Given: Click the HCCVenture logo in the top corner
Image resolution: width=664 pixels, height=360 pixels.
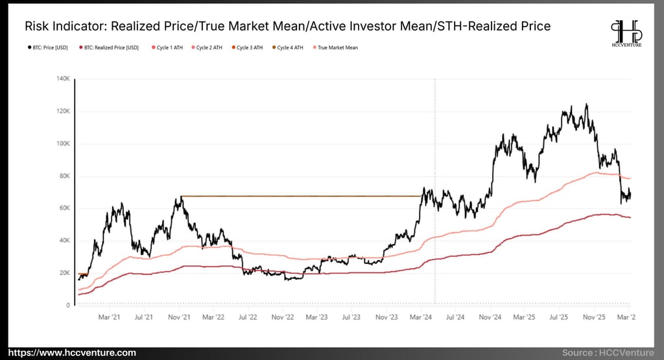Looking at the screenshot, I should coord(626,35).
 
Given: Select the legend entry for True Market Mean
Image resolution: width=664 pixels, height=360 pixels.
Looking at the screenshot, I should coord(337,47).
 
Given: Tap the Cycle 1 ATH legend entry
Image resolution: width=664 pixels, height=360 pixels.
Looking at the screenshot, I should coord(169,47).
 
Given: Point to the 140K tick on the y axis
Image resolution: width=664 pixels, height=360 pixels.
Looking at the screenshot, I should coord(64,79).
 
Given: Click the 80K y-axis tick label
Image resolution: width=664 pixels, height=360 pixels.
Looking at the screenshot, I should coord(64,176).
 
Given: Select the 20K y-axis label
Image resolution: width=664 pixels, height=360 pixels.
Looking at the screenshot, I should coord(64,273).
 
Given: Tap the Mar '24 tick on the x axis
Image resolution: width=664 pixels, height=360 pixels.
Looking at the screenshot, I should coord(421,317).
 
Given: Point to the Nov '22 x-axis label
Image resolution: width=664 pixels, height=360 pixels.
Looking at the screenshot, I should coord(283,317).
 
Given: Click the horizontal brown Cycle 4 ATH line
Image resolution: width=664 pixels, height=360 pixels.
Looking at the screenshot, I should coord(298,196).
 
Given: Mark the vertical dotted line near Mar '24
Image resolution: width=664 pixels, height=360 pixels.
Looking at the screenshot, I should coord(434,130).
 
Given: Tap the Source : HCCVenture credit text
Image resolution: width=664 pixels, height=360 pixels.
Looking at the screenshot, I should coord(608,352).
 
